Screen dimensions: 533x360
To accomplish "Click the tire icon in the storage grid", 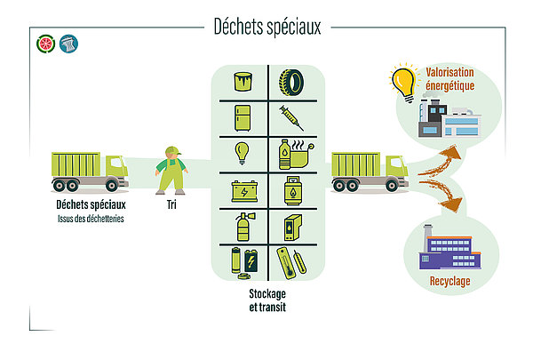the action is [x=291, y=83].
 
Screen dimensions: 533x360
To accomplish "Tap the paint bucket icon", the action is [x=243, y=82].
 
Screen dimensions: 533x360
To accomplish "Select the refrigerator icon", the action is [x=243, y=118].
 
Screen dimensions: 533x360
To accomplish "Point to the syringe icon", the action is [x=291, y=118].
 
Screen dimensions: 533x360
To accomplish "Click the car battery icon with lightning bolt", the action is [x=244, y=192].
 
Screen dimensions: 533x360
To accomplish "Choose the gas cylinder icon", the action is [x=293, y=190].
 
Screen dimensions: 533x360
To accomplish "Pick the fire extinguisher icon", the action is [x=245, y=227].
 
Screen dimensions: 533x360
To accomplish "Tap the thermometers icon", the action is [x=291, y=263].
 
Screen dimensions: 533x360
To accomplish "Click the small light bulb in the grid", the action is [x=242, y=153].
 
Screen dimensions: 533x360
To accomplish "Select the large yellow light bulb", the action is [x=404, y=83].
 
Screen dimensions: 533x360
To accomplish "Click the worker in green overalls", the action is [x=171, y=171].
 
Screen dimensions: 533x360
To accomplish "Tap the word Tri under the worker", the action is [x=171, y=204].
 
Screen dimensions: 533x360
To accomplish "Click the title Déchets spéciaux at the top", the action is [x=267, y=27].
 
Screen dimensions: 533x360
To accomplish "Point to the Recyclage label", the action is [x=450, y=282].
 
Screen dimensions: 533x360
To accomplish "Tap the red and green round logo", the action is [x=46, y=44].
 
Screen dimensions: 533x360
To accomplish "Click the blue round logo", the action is [x=68, y=44].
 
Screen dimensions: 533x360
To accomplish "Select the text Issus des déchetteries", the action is [x=91, y=219].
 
